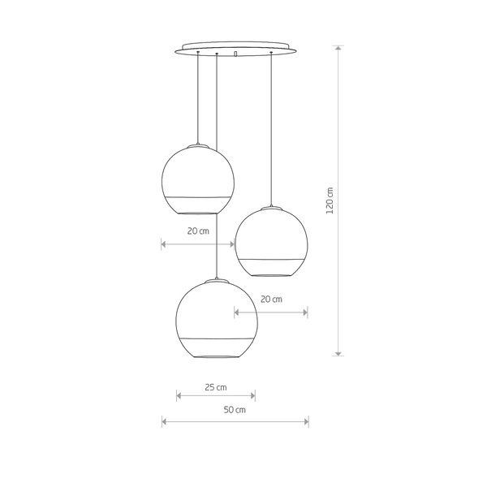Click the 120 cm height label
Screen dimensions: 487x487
(330, 200)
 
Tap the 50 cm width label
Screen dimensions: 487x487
(235, 410)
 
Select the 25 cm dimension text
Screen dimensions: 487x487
(215, 386)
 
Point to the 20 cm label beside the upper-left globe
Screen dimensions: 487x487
(197, 231)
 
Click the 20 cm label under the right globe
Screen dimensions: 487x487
(271, 299)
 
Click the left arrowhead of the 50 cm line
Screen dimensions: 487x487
(164, 421)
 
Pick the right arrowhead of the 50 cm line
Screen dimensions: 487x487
(306, 421)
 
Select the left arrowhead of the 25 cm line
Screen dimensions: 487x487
(179, 396)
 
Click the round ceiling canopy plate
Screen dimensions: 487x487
(235, 47)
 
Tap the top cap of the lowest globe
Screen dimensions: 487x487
(216, 281)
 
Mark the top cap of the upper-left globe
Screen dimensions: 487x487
(198, 145)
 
